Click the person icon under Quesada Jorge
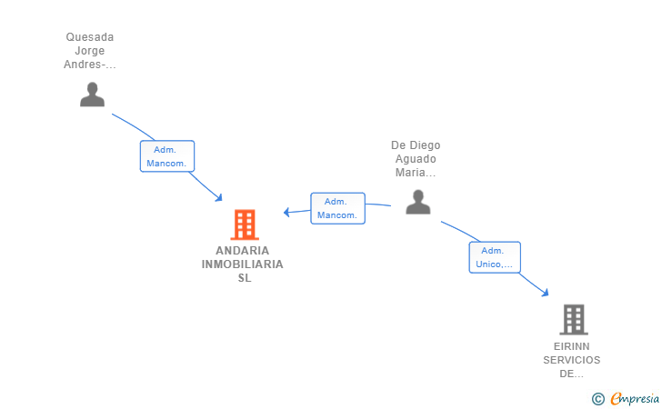point(92,95)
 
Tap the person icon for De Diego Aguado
point(418,202)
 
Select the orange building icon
point(245,224)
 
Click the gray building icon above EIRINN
point(574,320)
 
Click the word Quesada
point(90,37)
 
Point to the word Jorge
point(90,51)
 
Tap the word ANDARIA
point(242,251)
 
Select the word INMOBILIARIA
point(242,264)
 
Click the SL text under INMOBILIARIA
point(245,278)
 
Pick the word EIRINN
point(572,346)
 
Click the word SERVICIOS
point(572,360)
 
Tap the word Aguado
point(416,159)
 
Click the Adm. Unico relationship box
point(495,257)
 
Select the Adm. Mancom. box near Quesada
point(167,156)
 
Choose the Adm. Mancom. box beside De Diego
point(337,208)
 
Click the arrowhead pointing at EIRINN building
point(546,292)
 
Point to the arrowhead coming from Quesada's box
point(218,197)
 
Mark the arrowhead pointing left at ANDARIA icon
point(286,212)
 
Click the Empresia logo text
point(635,398)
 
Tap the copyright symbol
point(597,399)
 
